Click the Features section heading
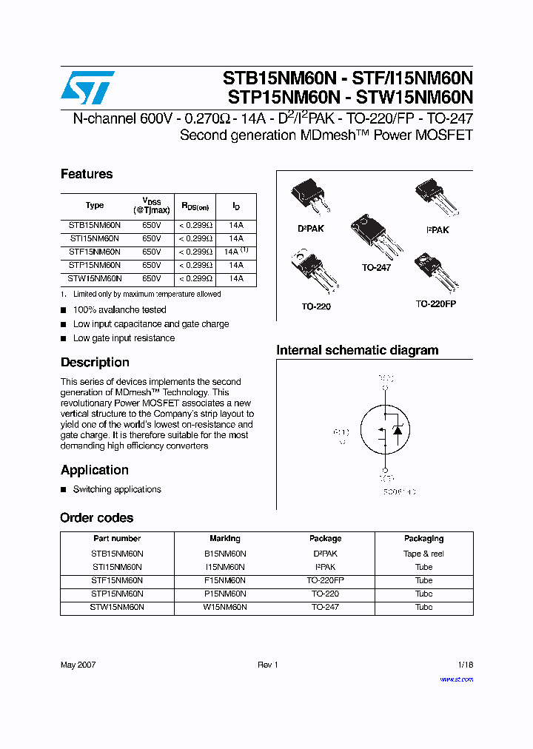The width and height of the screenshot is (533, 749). point(87,174)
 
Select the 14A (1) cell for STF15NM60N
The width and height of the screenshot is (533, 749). point(235,252)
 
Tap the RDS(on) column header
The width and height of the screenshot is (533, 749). point(195,206)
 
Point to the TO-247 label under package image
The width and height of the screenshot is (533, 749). point(376,267)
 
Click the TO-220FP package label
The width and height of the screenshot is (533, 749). point(435,304)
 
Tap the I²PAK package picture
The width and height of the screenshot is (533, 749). point(434,196)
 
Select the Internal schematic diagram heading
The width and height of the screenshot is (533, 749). point(357,350)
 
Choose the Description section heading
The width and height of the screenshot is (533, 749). point(95,362)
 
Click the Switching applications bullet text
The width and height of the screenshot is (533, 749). point(117,489)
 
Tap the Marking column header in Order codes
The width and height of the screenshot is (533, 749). point(225,539)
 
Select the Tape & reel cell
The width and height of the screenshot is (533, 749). point(423,554)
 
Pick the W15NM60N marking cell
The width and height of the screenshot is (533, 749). point(225,607)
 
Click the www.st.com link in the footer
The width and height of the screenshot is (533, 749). point(456,679)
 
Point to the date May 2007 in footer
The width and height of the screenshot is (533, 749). point(78,665)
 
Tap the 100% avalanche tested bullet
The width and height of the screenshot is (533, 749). point(119,309)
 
